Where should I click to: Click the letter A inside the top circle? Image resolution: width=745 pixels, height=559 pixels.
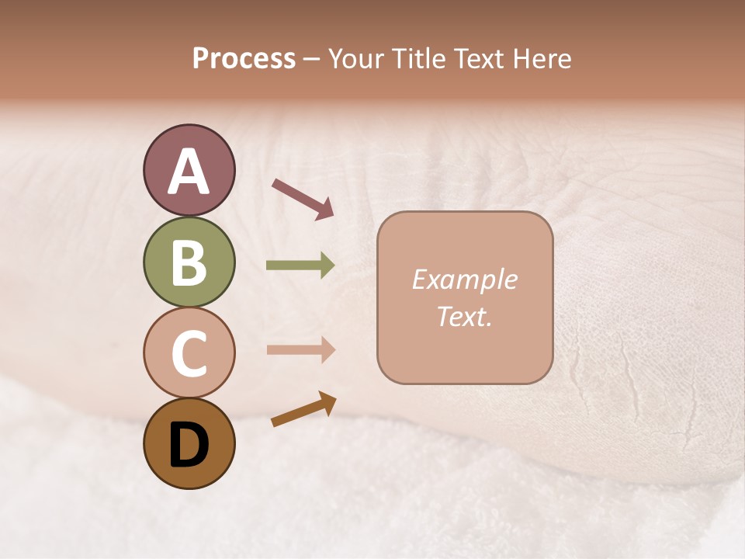point(189,172)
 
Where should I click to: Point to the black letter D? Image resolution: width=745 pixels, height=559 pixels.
point(189,445)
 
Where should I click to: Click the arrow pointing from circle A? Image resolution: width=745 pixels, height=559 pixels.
point(303,197)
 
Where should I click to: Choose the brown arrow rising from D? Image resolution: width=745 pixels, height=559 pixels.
point(303,409)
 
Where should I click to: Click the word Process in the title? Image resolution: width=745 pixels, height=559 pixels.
point(244,58)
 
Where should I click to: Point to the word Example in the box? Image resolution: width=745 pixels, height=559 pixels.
point(464,279)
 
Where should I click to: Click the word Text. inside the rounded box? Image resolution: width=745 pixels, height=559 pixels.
point(464,317)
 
